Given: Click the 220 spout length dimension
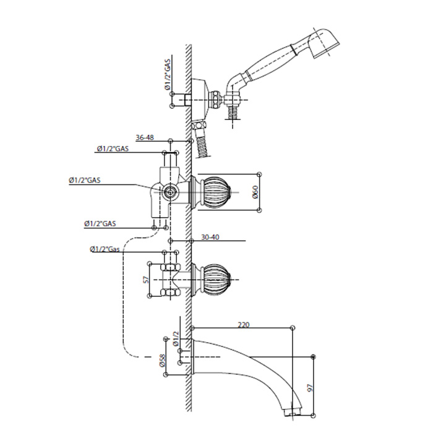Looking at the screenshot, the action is pos(243,325).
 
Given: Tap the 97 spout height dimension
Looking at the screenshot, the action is pos(310,388).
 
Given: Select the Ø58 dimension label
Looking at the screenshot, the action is pos(162,360).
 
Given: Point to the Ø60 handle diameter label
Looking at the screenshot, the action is pos(255,192).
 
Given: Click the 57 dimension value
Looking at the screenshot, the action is pos(147,280).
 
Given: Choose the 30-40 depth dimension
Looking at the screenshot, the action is pos(210,237).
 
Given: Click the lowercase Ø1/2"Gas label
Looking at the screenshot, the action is pos(105,249).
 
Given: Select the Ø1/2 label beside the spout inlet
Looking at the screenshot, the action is pos(176,339).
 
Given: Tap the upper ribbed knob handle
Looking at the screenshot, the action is pos(216,192).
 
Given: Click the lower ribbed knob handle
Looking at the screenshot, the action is pos(216,280).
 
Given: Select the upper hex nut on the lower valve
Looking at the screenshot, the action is pos(169,267).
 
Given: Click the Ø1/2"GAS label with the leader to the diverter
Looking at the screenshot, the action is pos(85,181).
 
